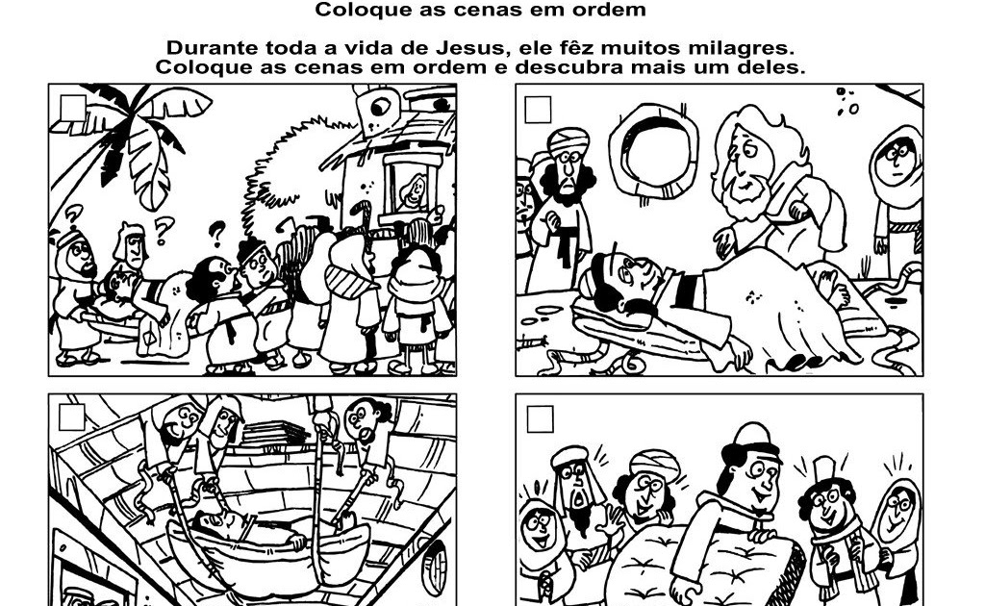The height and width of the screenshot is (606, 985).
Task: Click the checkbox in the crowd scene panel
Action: [x=73, y=107]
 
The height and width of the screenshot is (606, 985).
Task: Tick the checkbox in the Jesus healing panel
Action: [x=539, y=109]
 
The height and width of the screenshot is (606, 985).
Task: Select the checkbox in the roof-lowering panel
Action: [x=72, y=417]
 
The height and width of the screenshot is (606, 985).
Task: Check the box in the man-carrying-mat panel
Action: [x=541, y=418]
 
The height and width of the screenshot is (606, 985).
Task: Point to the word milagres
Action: [x=743, y=47]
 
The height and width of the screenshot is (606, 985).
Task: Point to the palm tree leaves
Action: [x=144, y=135]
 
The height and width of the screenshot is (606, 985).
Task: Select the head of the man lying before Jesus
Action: [x=624, y=274]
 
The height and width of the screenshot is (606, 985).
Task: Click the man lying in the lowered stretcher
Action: [x=231, y=525]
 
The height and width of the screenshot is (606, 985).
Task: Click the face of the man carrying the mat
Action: [x=751, y=471]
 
